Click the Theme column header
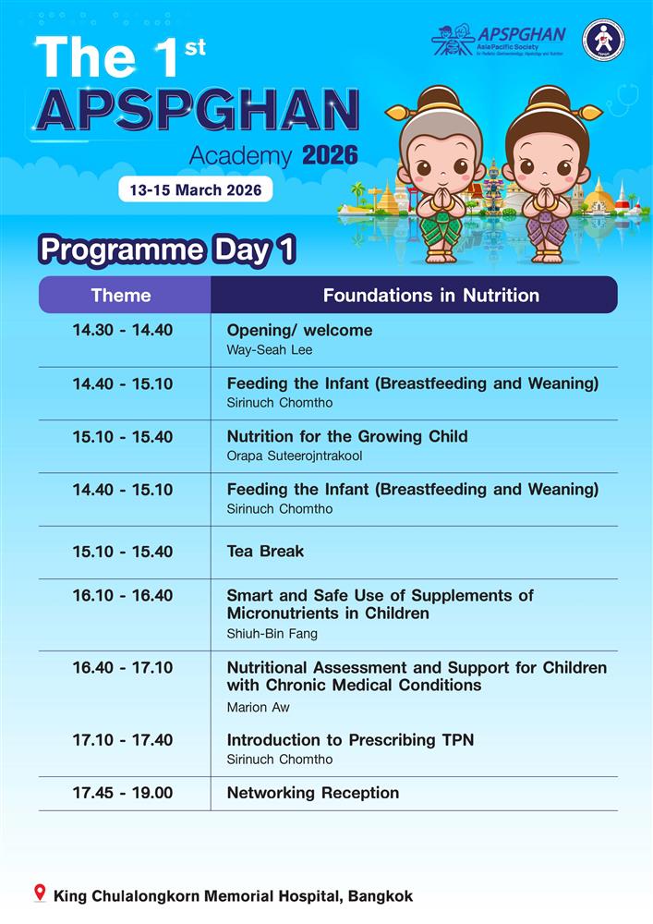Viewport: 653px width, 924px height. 121,296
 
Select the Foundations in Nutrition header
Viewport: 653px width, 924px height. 430,296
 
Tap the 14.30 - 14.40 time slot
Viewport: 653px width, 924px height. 123,330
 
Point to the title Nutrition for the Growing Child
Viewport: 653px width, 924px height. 347,436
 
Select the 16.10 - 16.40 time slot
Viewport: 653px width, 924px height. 123,595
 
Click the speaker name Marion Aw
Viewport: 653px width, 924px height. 251,707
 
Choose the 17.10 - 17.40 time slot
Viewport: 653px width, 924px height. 123,740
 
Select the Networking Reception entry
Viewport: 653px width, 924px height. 313,793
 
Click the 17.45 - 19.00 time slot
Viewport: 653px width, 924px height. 123,793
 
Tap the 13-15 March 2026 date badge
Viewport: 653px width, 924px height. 196,190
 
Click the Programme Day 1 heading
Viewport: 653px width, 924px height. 166,250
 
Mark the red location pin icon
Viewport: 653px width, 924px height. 39,894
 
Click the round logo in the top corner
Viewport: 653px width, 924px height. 603,41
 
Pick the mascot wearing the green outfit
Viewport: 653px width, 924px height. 439,176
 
